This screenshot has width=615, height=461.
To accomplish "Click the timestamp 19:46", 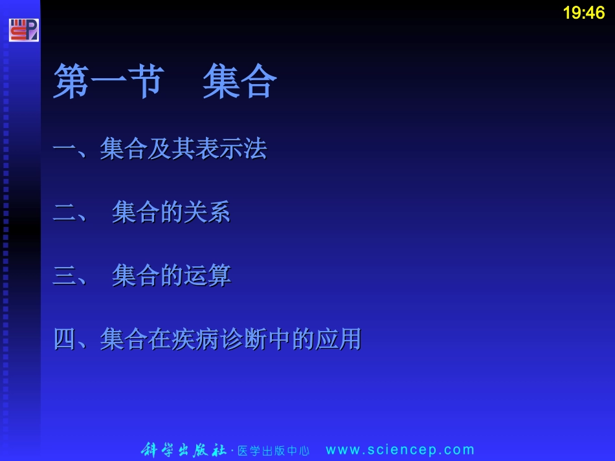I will [x=583, y=13].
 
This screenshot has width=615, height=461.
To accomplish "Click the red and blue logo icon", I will [x=23, y=30].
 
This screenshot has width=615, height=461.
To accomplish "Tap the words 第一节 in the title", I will [x=106, y=82].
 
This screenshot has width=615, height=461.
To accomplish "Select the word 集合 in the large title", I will [x=240, y=82].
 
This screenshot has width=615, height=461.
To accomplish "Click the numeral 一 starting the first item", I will [x=64, y=150].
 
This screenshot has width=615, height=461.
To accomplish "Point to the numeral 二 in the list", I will [x=64, y=213].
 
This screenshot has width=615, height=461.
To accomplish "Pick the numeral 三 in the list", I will [x=64, y=276].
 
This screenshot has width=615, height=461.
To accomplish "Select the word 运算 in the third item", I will [x=207, y=276].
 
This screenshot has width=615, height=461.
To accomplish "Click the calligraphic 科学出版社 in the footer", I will [x=184, y=450].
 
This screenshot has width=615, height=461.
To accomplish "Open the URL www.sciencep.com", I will [x=400, y=450].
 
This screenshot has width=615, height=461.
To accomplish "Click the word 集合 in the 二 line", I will [x=135, y=213].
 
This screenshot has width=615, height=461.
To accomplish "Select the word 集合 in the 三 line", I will [x=135, y=276].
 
